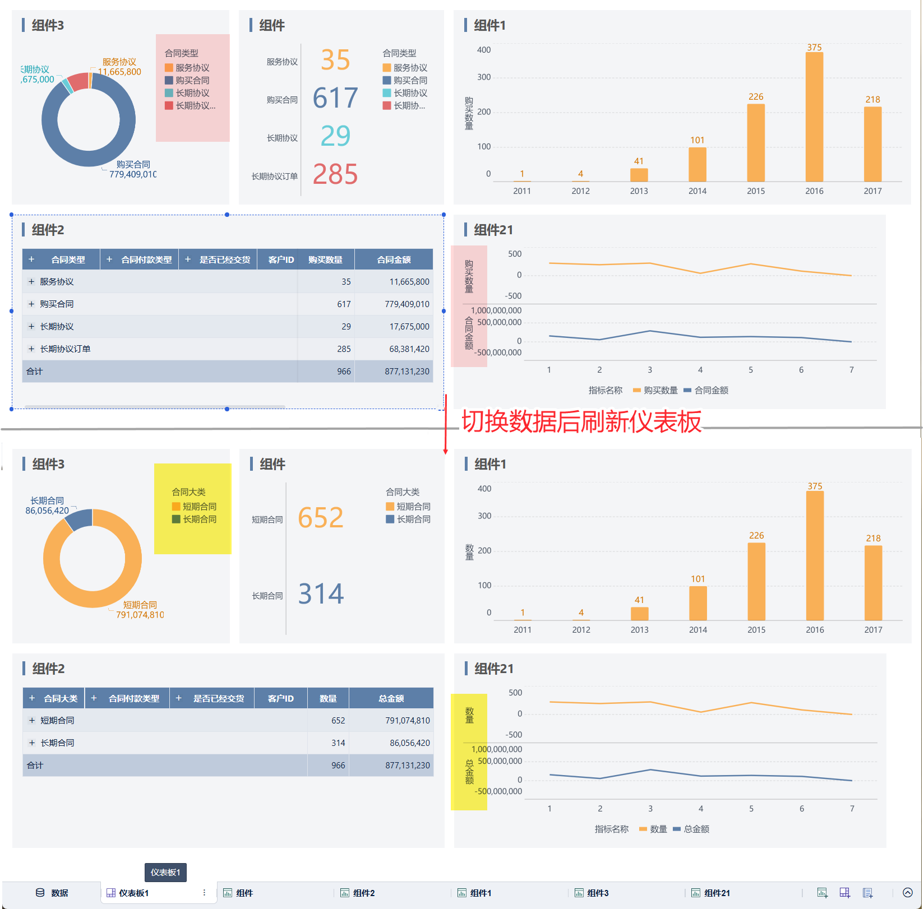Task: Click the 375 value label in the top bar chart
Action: pos(814,48)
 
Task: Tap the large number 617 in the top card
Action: pos(335,98)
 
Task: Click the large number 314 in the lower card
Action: pos(321,594)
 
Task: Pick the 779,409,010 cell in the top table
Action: pos(406,304)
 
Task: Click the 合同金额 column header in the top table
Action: pos(394,260)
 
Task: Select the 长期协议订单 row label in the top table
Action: pos(65,349)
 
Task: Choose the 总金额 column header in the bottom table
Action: pos(391,699)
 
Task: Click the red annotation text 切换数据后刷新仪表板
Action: pos(581,422)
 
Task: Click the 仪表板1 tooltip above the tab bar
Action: pos(165,873)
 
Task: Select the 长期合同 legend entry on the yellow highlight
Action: pos(194,520)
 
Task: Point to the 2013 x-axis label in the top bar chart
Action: pos(639,191)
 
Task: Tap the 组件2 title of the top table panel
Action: pos(48,230)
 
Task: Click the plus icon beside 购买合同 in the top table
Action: pos(31,304)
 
